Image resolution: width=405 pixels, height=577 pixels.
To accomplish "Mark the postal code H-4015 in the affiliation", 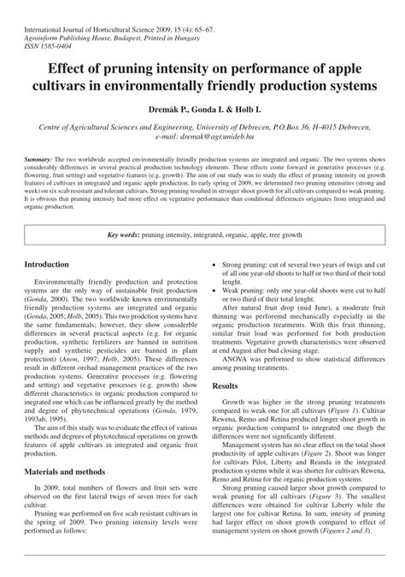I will click(318, 125).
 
